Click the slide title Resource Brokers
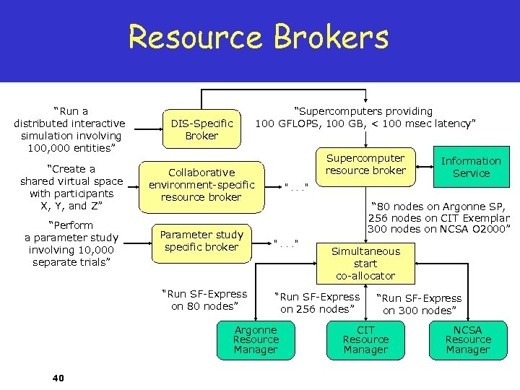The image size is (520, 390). pos(259,37)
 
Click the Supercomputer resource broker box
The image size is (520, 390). pos(365,165)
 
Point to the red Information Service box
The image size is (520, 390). pos(471,167)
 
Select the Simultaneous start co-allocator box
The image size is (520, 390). pos(365,263)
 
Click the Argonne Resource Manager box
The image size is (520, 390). pos(255,339)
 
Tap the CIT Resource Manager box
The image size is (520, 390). pos(365,339)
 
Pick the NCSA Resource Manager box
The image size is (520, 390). pos(468,339)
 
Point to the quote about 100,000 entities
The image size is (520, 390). pos(69,129)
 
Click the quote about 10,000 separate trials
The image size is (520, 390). pos(69,244)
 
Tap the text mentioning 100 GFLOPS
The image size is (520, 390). pos(365,117)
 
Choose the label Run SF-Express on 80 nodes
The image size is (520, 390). pos(204,300)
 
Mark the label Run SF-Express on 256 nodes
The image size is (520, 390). pos(318,303)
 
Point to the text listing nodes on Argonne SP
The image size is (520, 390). pos(439,217)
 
